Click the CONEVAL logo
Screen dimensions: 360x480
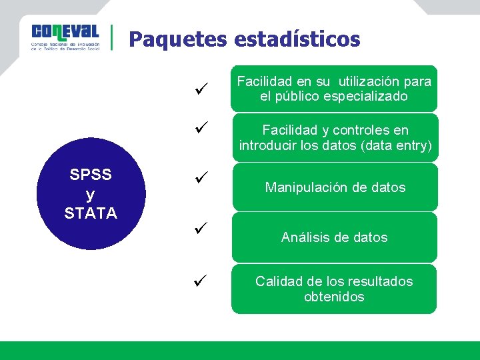pos(65,37)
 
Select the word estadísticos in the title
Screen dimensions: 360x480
pos(297,39)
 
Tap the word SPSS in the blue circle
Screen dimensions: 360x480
pos(91,175)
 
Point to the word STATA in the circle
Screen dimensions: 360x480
pos(91,213)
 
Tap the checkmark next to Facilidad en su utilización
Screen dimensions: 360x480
pos(203,88)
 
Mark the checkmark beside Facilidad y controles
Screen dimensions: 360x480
pos(203,126)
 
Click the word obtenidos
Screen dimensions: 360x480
pos(334,297)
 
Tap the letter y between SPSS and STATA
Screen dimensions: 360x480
pos(91,194)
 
